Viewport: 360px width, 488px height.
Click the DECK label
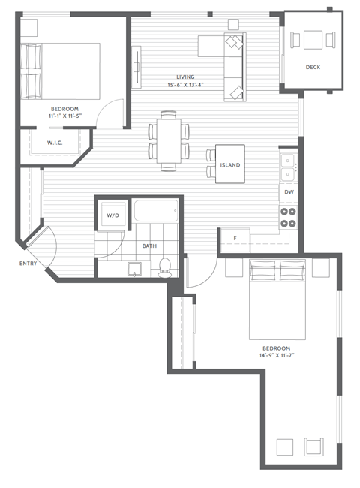(x=313, y=68)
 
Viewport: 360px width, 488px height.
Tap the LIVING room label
(x=185, y=77)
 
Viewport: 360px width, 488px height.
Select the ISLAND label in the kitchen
(x=229, y=164)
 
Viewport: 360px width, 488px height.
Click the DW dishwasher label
(x=289, y=193)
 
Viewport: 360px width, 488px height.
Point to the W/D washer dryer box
(x=112, y=215)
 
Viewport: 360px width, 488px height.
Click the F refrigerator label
(x=235, y=239)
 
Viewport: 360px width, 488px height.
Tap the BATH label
(x=149, y=246)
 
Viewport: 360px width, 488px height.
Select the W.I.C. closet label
(x=54, y=142)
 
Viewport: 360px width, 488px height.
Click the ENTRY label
(x=28, y=264)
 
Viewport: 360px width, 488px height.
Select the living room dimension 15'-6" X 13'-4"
(x=185, y=85)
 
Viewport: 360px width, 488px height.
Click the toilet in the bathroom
(x=165, y=266)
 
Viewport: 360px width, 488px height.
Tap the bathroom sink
(x=136, y=268)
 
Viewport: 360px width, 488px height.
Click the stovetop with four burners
(x=289, y=217)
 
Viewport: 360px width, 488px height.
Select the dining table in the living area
(x=169, y=137)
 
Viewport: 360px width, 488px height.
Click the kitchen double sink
(x=288, y=167)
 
